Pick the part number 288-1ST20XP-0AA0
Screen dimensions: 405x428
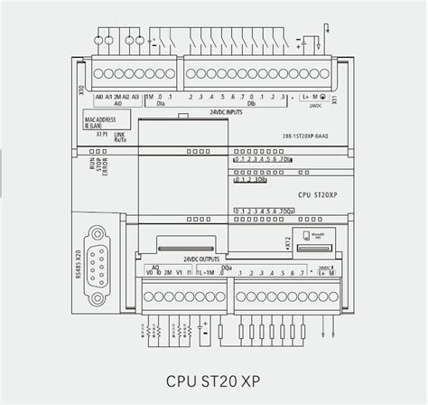[x=306, y=137]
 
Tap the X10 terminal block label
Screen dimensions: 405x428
[x=81, y=90]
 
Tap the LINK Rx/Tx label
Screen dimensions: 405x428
[x=120, y=137]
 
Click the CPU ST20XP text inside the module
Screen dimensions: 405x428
[x=317, y=194]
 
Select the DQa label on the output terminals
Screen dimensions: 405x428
[x=226, y=267]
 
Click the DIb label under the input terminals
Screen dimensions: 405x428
[x=251, y=105]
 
